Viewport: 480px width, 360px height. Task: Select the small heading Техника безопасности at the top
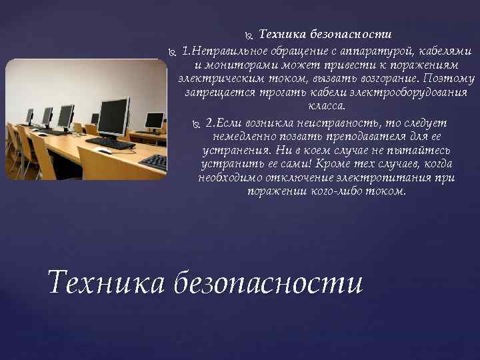coord(325,33)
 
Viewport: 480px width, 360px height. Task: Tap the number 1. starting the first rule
coord(187,52)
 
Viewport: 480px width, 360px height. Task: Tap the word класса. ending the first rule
coord(327,106)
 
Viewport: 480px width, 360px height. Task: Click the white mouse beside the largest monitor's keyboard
coord(104,151)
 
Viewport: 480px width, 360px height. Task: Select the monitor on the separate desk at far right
coord(154,120)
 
